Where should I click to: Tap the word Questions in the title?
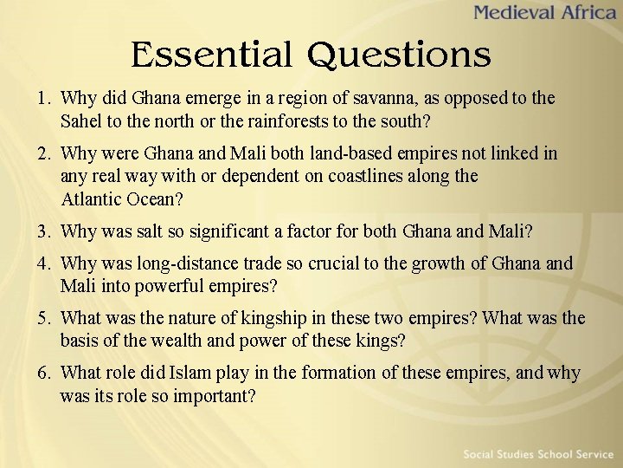tap(399, 56)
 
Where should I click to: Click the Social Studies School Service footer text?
tap(537, 454)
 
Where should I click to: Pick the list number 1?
tap(42, 98)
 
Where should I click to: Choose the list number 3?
tap(42, 231)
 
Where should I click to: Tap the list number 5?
tap(42, 318)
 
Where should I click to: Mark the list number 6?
tap(42, 374)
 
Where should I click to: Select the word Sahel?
tap(84, 120)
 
